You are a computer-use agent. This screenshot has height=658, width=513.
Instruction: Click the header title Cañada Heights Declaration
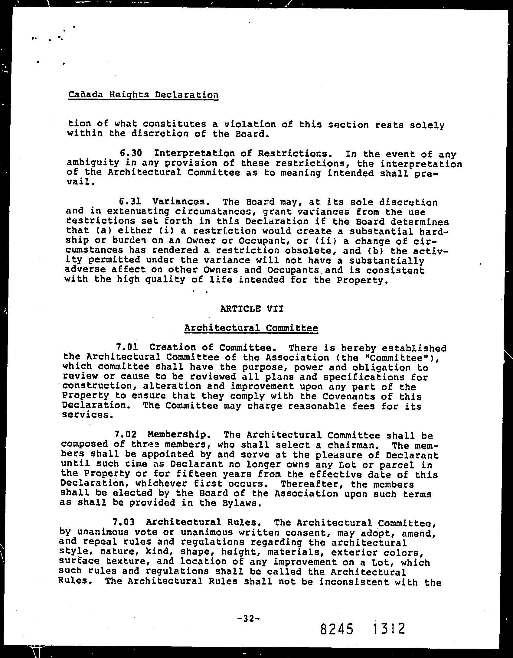[143, 95]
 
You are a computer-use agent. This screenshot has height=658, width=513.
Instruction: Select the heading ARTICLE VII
[252, 309]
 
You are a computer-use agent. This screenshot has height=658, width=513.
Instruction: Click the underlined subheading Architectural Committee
[251, 328]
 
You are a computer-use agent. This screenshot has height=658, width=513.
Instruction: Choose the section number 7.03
[123, 522]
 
